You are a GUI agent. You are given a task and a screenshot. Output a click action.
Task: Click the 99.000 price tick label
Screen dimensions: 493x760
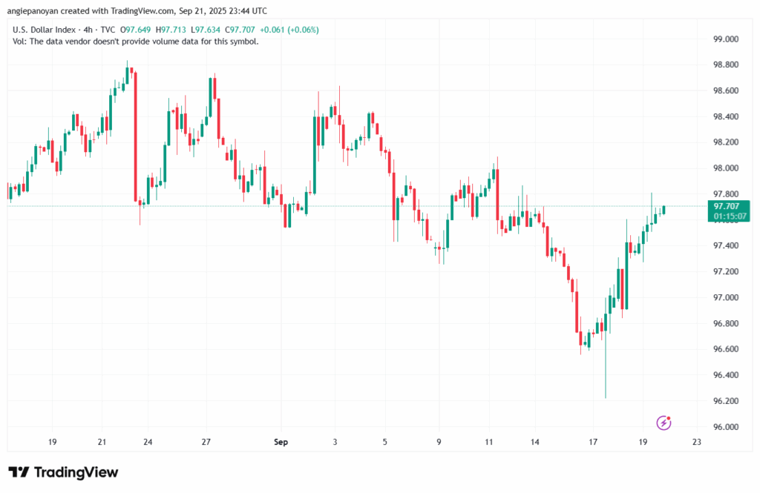coord(725,39)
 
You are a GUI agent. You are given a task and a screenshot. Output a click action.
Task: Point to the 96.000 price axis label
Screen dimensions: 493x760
coord(725,427)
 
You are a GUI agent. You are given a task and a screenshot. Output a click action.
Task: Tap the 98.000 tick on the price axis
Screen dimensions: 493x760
coord(725,168)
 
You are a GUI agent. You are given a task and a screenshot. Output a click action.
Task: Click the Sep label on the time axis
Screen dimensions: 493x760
coord(281,443)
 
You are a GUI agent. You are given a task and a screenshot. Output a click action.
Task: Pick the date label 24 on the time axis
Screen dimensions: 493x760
coord(148,443)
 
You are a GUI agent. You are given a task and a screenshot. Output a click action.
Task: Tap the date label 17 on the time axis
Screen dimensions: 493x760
coord(593,443)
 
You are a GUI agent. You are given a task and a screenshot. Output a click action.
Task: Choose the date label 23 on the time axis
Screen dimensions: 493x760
coord(695,443)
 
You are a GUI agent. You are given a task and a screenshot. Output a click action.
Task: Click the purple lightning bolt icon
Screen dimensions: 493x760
coord(664,423)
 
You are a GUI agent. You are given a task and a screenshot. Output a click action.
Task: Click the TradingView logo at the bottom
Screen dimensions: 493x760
coord(63,472)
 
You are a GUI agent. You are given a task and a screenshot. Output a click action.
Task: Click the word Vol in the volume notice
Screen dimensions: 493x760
coord(19,42)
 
